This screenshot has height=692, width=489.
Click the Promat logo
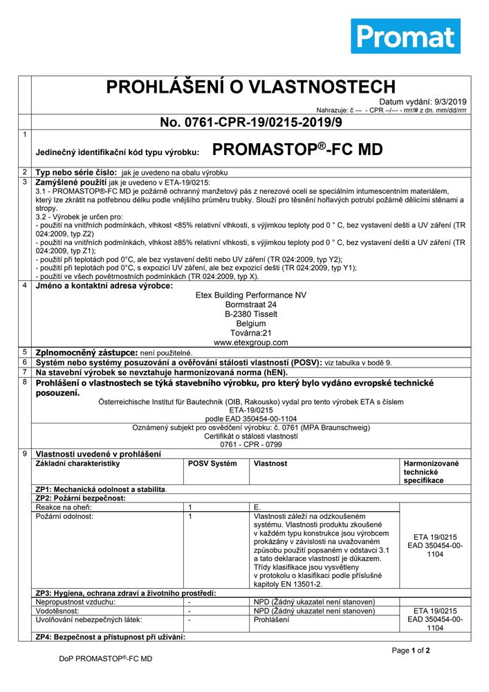point(405,36)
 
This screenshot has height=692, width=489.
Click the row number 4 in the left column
point(24,285)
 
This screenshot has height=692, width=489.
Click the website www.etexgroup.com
point(250,342)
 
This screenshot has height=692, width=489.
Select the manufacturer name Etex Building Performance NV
point(250,295)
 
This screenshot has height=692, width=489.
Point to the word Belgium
point(250,323)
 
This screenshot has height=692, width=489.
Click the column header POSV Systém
point(212,463)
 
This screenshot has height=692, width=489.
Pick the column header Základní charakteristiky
point(78,463)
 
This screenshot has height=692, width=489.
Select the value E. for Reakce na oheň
point(259,507)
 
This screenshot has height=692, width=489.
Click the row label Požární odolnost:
point(64,516)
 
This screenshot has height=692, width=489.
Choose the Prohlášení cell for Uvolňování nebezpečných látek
point(272,620)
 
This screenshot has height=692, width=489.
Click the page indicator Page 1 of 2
point(411,650)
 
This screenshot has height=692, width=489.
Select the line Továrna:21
point(250,332)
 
